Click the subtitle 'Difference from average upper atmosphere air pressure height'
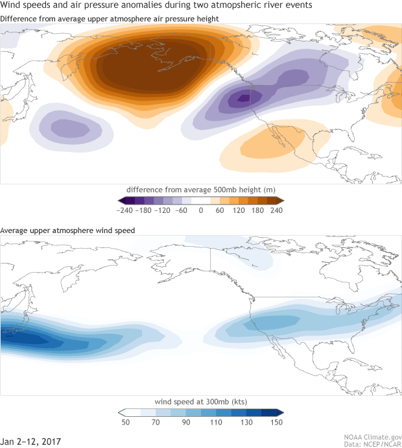tap(109, 18)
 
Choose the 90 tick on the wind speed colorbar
tap(186, 422)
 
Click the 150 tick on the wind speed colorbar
tap(276, 422)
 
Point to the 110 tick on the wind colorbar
tap(216, 422)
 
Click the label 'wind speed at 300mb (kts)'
tap(201, 400)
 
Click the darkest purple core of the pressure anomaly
tap(243, 98)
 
